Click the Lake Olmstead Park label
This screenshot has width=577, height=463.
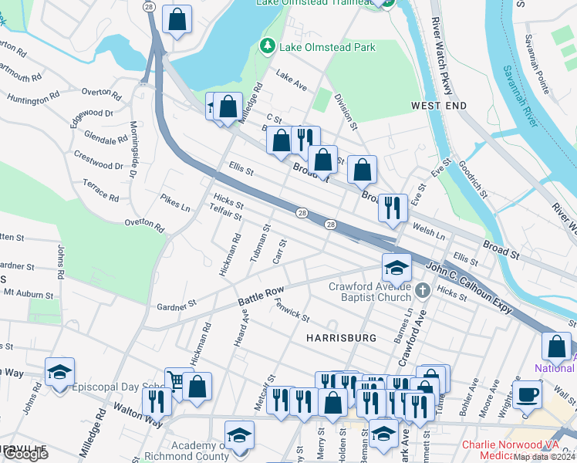[327, 47]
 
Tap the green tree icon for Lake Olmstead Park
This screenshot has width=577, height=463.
[268, 47]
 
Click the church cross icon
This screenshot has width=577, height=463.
[422, 291]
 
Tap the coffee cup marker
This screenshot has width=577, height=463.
[528, 394]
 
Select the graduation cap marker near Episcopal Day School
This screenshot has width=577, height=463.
[59, 372]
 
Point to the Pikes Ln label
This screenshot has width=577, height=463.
[176, 203]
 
